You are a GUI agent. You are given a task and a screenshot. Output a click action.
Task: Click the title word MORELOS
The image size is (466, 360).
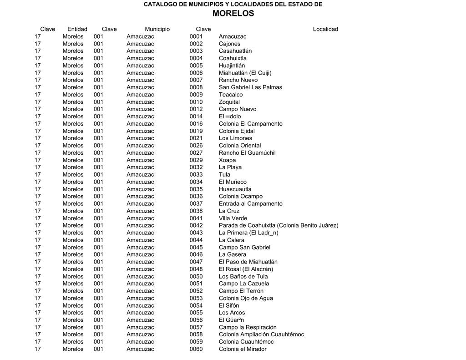click(x=233, y=14)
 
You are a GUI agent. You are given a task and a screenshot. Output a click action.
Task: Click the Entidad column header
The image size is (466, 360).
click(x=77, y=29)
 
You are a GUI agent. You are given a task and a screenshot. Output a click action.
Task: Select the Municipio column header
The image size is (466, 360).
click(x=157, y=29)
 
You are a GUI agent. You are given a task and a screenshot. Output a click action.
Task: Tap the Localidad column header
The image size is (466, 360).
click(x=325, y=29)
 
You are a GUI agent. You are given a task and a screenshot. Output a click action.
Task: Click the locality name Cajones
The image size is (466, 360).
click(x=229, y=44)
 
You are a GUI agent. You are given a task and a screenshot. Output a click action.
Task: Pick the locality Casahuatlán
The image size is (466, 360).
click(x=235, y=51)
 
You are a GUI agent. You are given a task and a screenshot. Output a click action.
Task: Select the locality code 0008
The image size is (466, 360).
click(x=196, y=87)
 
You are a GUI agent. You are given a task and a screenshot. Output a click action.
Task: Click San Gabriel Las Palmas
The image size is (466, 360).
click(x=250, y=87)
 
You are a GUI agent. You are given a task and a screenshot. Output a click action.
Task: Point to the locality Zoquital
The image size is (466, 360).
click(x=229, y=102)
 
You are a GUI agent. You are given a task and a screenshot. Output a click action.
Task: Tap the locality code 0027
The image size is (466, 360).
click(x=196, y=153)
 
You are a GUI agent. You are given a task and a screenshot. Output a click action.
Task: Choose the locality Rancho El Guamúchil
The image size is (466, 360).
click(x=247, y=153)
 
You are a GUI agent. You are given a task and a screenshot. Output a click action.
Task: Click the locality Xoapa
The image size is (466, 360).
click(x=227, y=160)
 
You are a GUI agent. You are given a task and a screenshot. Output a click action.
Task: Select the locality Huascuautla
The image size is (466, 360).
click(x=235, y=189)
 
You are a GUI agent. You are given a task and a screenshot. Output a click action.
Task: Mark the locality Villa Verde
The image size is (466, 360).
click(x=233, y=218)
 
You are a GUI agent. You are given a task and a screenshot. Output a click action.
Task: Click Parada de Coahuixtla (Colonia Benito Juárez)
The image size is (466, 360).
click(x=279, y=225)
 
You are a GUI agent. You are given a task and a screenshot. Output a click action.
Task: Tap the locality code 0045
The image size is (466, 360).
click(x=196, y=247)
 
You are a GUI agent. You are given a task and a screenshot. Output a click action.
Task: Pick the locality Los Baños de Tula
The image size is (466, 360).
click(x=243, y=276)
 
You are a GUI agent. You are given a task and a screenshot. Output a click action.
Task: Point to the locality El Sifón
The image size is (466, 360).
click(x=229, y=305)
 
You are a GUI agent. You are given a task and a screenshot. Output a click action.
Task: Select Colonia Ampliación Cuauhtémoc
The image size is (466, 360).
click(x=261, y=335)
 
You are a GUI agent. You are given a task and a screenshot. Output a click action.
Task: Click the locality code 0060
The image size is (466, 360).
click(x=196, y=349)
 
